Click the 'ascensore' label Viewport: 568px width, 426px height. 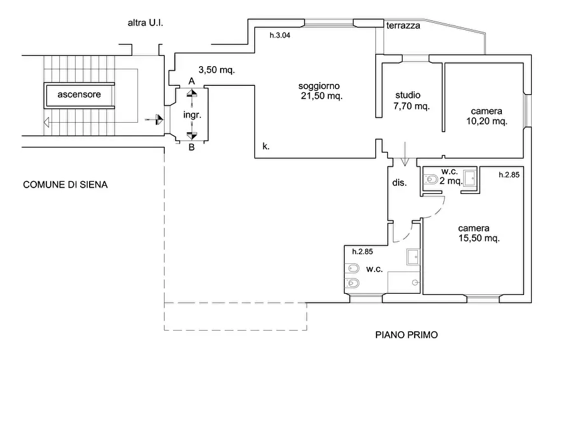click(79, 95)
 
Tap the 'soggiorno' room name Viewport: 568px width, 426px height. click(319, 86)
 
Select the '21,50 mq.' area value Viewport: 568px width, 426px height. click(322, 96)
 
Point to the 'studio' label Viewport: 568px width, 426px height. click(408, 95)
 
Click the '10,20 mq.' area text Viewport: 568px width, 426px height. click(487, 121)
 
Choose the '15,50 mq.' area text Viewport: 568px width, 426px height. click(479, 238)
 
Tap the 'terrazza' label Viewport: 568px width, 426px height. click(403, 25)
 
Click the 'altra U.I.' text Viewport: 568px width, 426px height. click(145, 23)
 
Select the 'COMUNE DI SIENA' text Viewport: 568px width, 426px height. click(66, 185)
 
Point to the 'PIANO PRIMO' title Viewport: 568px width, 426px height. click(406, 334)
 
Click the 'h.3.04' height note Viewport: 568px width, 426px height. click(280, 35)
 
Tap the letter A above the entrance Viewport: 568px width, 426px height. click(191, 81)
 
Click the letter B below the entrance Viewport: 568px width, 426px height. click(191, 148)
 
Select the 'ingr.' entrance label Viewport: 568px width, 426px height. click(192, 115)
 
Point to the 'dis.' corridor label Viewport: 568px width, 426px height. click(399, 182)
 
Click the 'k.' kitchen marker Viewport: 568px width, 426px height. click(266, 146)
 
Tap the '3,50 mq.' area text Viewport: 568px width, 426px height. click(217, 69)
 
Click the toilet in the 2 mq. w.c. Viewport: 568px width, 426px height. click(431, 179)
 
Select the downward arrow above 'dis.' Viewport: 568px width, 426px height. click(405, 154)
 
